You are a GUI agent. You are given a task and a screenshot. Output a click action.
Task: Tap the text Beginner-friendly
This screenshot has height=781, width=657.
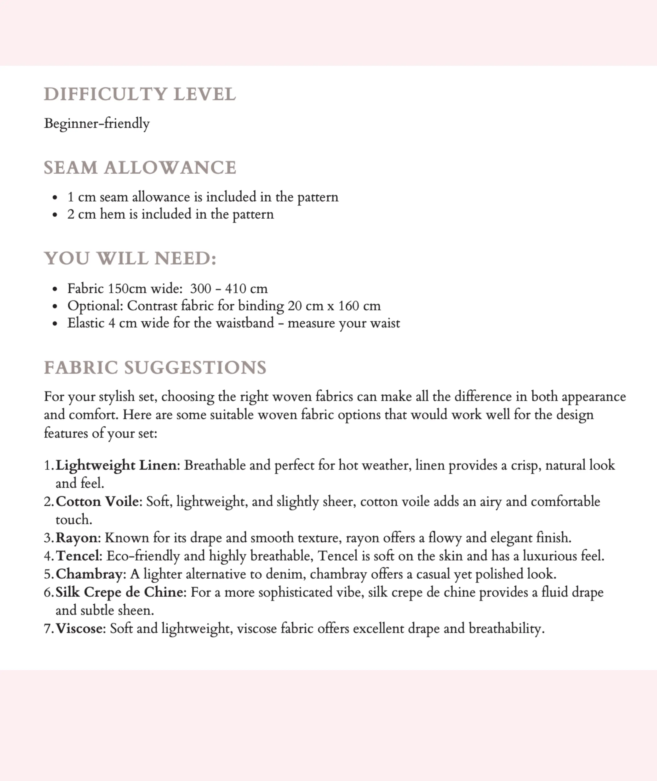coord(97,123)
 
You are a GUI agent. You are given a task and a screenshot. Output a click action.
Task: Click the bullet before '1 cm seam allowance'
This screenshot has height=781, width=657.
coord(55,197)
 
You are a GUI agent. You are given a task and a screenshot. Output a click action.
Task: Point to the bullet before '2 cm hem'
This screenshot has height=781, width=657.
coord(55,215)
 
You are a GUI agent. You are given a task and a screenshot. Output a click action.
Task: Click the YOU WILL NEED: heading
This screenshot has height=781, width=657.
coord(130,258)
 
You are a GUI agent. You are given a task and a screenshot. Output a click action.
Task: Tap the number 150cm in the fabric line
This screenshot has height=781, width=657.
coord(127,288)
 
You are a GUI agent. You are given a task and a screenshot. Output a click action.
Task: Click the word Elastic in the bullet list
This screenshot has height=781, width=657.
coord(86,323)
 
